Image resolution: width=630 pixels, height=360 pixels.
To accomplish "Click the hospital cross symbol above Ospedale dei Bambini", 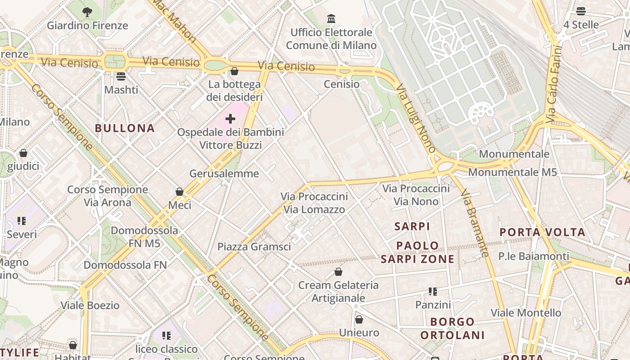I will [x=230, y=119].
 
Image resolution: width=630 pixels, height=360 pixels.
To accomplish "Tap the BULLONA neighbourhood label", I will [x=125, y=128].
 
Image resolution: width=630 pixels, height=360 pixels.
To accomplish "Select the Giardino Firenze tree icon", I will [x=87, y=12].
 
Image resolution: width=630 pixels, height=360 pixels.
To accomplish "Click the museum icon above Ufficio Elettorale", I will [x=331, y=19].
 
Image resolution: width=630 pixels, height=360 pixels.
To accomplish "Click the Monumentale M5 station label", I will [x=513, y=172].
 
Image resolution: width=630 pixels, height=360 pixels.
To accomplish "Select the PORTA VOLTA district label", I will [x=543, y=232].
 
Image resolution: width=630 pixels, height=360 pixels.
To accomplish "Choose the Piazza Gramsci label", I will [x=254, y=247].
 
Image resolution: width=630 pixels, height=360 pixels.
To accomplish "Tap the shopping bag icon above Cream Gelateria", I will [x=338, y=272].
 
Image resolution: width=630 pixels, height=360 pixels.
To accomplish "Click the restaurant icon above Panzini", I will [x=433, y=292].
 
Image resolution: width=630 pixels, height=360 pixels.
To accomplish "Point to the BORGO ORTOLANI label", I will [x=452, y=328].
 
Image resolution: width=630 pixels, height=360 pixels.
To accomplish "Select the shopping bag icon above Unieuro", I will [x=359, y=319].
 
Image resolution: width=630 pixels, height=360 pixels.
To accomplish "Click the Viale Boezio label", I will [x=90, y=306].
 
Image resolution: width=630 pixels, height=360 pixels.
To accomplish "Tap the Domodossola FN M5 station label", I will [x=144, y=237].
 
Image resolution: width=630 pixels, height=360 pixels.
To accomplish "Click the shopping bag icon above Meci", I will [x=180, y=192].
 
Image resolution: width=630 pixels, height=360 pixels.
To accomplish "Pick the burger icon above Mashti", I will [x=121, y=76].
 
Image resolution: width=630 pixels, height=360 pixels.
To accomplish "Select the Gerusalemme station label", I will [x=224, y=173].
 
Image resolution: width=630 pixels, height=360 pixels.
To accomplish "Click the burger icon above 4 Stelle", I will [x=581, y=11].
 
